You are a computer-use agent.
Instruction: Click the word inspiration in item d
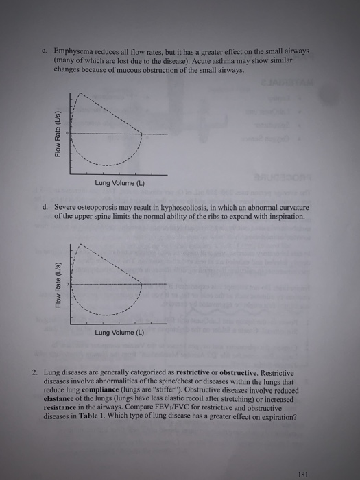tap(282, 215)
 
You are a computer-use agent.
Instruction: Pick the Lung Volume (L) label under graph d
tap(119, 333)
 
